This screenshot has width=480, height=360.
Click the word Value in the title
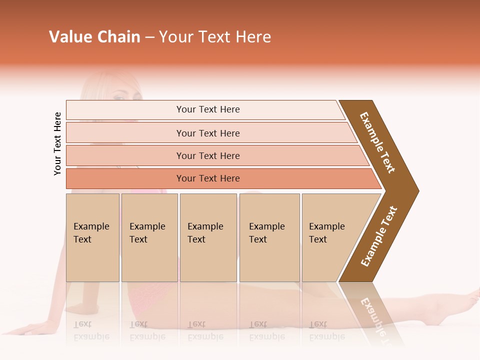point(69,37)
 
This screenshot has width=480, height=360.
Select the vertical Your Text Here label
point(57,143)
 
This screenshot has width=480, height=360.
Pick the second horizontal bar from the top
point(207,133)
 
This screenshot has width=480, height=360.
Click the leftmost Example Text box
point(92,237)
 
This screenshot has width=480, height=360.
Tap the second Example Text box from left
point(149,237)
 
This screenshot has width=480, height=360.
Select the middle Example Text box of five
point(208,237)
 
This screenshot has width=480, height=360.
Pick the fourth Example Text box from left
point(269,237)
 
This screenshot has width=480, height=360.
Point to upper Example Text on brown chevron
point(377,142)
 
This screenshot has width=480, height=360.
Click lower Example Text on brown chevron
point(379,236)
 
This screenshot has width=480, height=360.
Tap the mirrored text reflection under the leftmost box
point(89,330)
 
